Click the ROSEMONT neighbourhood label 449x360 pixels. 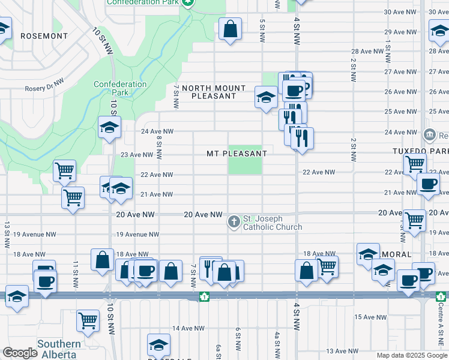[44, 36]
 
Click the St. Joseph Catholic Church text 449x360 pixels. [272, 223]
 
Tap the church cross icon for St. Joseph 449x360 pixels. [234, 223]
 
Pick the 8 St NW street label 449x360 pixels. [159, 147]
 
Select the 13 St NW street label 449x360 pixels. [7, 235]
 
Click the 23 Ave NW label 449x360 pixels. [137, 155]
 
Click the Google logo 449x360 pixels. [20, 353]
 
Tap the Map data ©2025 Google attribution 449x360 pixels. [412, 355]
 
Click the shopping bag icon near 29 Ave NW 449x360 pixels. [230, 29]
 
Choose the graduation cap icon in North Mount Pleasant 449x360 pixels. [265, 97]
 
